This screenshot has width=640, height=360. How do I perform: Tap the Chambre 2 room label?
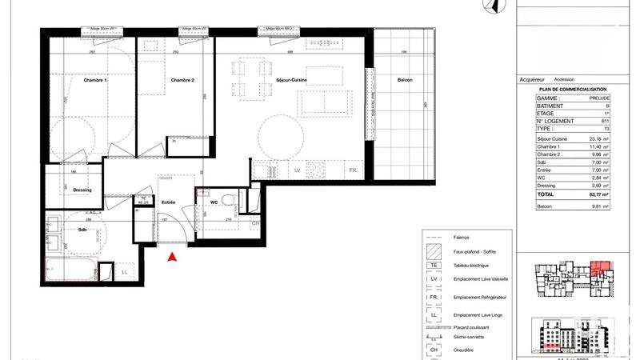coord(182,81)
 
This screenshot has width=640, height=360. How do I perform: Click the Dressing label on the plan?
coord(82,190)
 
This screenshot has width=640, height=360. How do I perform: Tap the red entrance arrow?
coord(170,257)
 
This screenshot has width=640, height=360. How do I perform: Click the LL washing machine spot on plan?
coord(124,273)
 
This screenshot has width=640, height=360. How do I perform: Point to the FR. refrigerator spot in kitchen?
coord(352,171)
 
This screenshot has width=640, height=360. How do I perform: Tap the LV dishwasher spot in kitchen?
coord(297,171)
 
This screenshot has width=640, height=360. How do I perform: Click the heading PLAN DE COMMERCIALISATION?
coord(573,89)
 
